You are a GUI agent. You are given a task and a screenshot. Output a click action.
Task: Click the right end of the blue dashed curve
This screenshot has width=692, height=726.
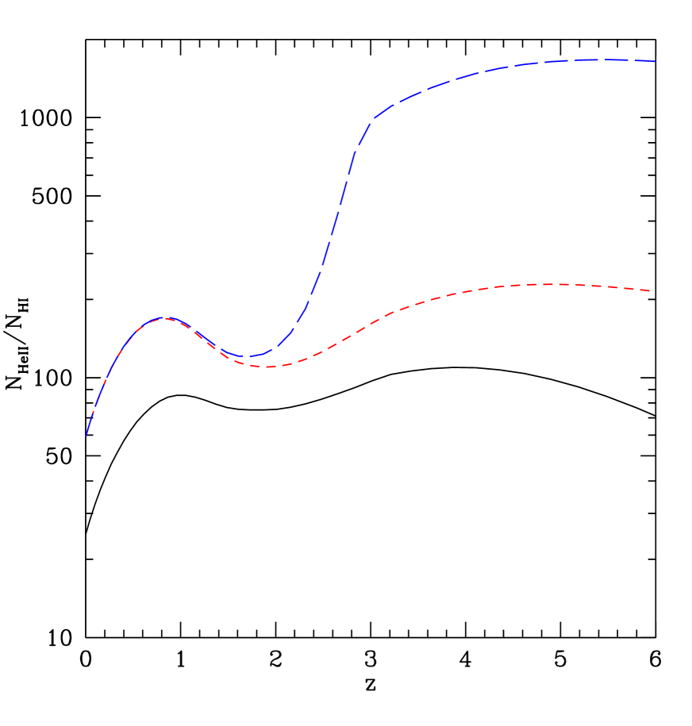click(x=655, y=61)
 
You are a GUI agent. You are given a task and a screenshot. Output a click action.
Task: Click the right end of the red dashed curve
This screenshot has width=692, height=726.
click(x=651, y=291)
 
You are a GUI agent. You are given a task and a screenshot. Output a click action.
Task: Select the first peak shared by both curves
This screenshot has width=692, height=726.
click(x=163, y=317)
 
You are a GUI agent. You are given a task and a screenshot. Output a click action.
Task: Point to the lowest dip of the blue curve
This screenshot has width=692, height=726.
click(x=247, y=357)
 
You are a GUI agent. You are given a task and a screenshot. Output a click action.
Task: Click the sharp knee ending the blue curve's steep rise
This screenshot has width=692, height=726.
click(x=371, y=120)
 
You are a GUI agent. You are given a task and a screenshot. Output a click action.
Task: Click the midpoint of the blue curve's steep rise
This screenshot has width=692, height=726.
click(x=333, y=230)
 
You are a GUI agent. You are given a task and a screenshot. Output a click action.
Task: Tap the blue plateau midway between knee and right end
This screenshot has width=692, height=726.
click(x=513, y=66)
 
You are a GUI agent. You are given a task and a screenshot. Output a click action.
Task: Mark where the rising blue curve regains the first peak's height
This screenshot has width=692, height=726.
click(x=305, y=317)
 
